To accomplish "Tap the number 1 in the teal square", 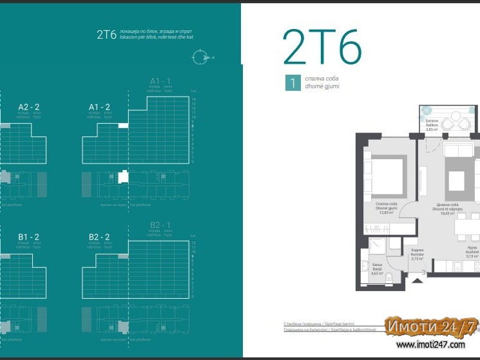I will tap(293, 82).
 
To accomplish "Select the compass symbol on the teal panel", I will tap(200, 57).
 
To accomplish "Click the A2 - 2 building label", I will tap(29, 107).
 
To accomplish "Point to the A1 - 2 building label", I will tap(99, 107).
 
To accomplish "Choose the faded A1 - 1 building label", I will tap(160, 81).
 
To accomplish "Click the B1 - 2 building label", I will tap(29, 237).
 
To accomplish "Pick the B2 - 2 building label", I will tap(99, 237).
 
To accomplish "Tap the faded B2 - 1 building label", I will tap(160, 225).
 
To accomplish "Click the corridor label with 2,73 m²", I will tap(417, 256).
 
